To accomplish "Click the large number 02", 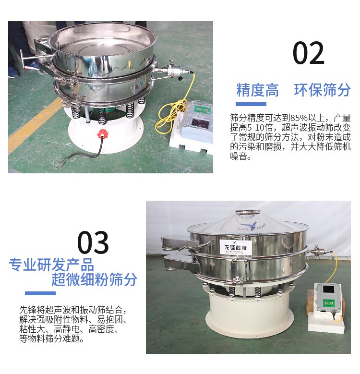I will pos(309,54).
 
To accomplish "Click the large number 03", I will pos(93,243).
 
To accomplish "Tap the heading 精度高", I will pos(257,90).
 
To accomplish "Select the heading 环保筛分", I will pos(323,90).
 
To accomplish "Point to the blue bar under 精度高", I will pos(251,104).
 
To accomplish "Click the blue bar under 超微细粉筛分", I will pos(40,293).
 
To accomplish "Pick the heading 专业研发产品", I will pos(52,265).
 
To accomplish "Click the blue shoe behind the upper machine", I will pos(13,72).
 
